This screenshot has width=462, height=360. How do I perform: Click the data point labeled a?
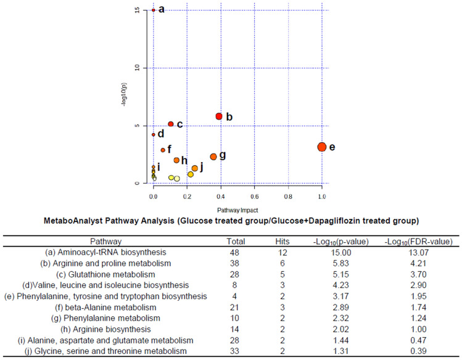154,10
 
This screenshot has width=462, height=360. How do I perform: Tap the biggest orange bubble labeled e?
321,147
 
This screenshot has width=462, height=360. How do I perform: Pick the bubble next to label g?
213,157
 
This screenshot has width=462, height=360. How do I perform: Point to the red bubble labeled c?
171,124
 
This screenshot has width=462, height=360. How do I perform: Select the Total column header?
236,241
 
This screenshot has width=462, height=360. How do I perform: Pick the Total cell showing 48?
236,252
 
